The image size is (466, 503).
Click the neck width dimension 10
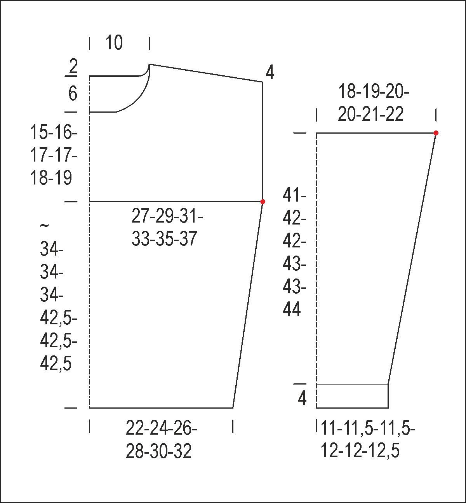pos(114,43)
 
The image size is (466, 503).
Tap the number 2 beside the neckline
pos(73,66)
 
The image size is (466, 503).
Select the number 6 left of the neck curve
pos(73,94)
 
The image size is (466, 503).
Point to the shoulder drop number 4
pos(270,73)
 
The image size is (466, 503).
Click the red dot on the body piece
pos(263,202)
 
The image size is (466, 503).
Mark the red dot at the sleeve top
pos(436,133)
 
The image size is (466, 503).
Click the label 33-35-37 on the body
pos(164,239)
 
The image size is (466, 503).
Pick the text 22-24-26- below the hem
pos(161,435)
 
